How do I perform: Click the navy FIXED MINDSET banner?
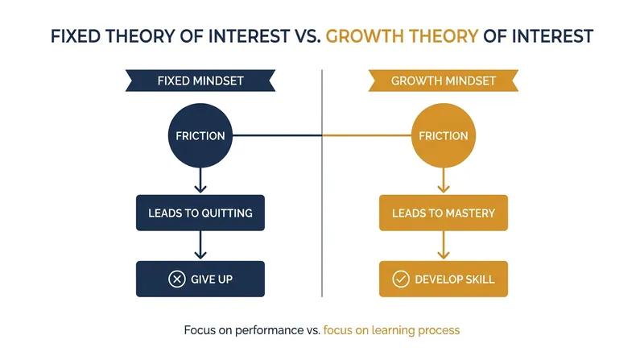200,81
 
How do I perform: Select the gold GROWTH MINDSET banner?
444,81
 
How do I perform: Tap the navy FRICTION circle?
200,135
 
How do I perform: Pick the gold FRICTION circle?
444,135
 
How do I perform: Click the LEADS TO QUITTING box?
200,213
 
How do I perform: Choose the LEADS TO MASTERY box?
444,213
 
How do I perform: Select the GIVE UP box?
200,279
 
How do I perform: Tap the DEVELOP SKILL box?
444,279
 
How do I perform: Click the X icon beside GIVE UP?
177,279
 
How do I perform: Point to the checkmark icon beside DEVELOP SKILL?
401,279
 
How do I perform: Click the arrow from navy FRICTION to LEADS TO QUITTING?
200,180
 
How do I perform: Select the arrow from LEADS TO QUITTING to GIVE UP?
200,245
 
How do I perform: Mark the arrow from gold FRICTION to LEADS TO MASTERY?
444,180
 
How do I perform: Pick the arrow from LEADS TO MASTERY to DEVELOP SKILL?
444,245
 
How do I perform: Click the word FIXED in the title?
76,36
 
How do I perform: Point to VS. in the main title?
308,36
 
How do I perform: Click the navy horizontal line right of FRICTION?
277,135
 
